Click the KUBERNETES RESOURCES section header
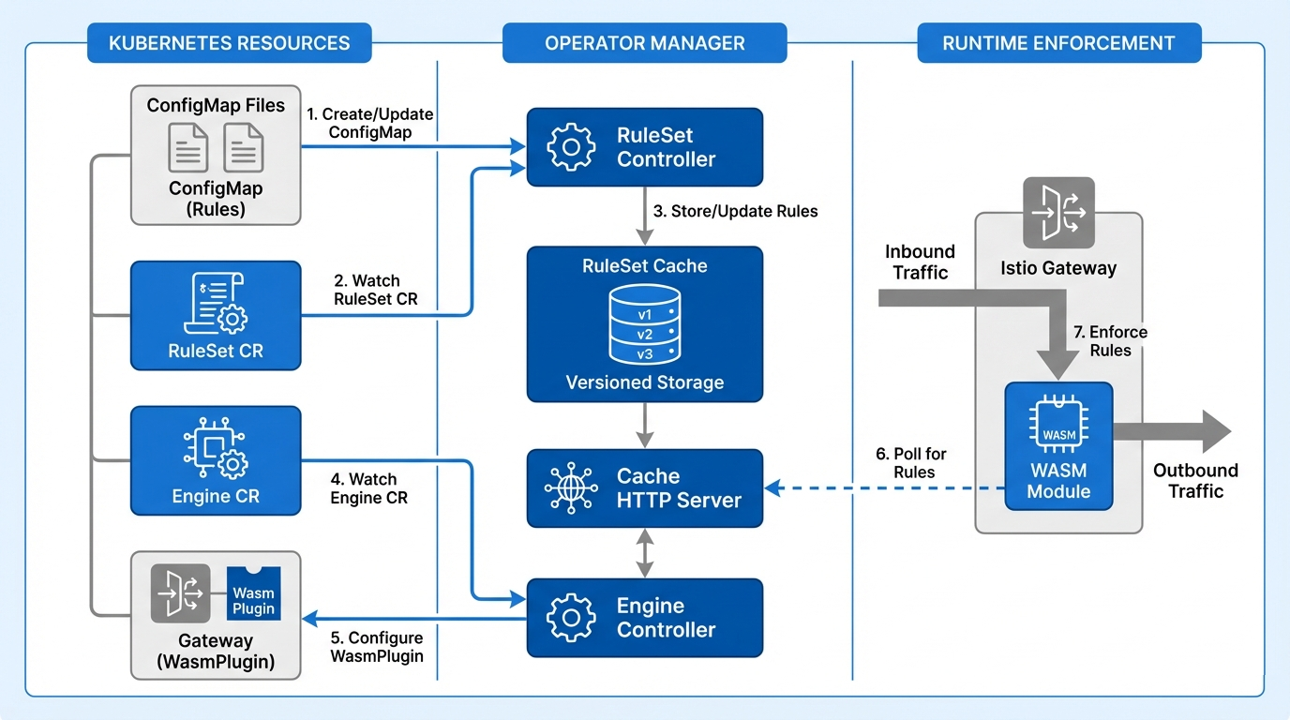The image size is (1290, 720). (229, 43)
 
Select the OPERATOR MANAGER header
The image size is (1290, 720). (644, 43)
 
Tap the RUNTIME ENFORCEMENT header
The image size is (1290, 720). (1058, 43)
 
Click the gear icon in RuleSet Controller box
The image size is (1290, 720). (570, 147)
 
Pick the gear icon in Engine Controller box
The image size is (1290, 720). (570, 618)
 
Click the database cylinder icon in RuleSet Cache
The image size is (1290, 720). (644, 324)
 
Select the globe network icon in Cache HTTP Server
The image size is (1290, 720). (570, 488)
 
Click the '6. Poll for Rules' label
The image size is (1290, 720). (910, 463)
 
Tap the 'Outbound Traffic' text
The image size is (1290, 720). (1194, 480)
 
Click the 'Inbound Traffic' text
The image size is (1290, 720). (920, 262)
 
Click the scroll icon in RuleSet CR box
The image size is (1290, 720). (216, 303)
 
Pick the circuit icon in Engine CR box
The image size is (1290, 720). (216, 450)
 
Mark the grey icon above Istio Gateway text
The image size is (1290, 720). (1058, 211)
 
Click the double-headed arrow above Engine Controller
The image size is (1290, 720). (644, 553)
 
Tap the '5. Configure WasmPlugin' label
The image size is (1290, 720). (376, 647)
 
